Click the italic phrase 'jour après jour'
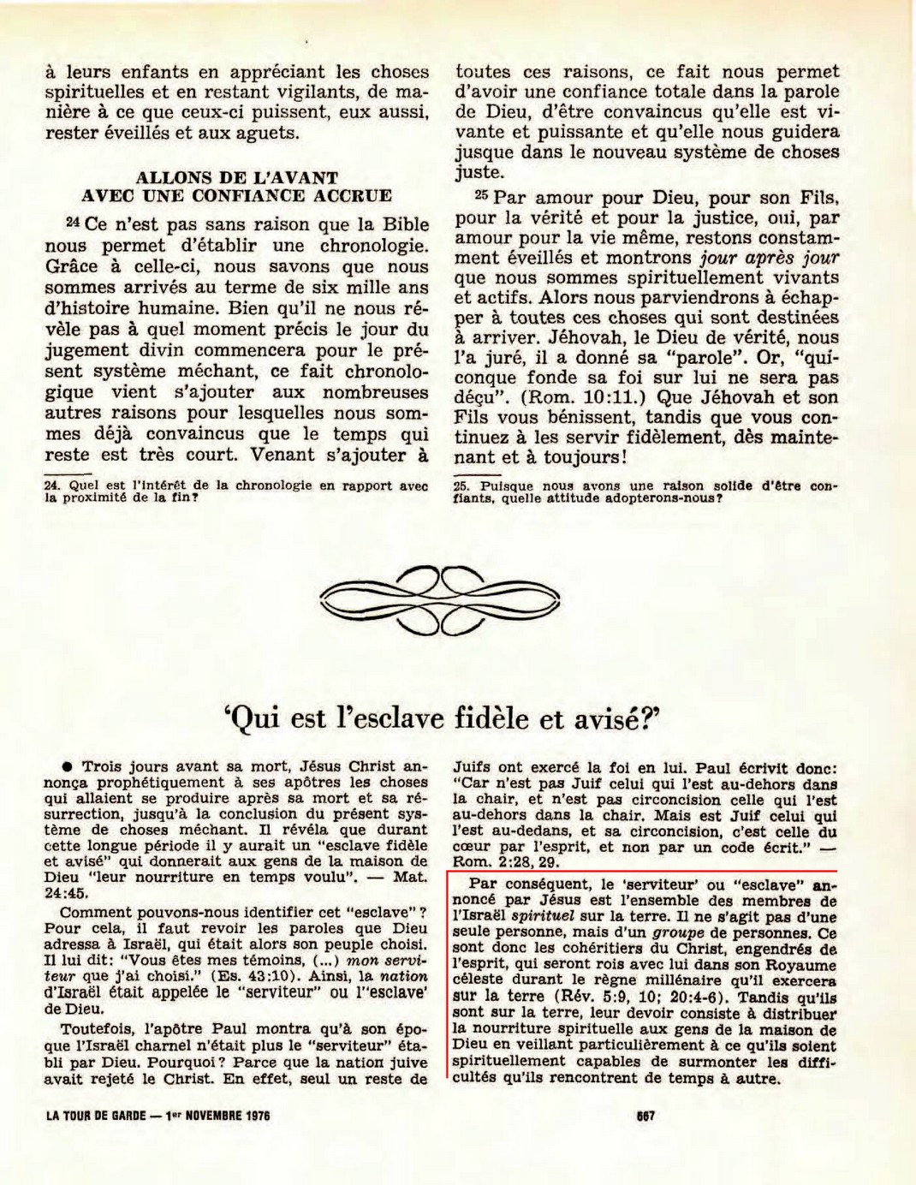(770, 258)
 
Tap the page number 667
(645, 1117)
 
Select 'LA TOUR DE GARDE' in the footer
(94, 1117)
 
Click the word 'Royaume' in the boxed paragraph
(801, 965)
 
